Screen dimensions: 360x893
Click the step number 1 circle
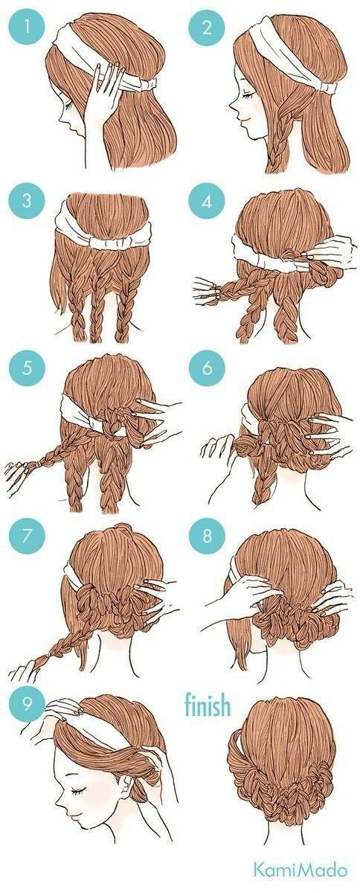[x=27, y=28]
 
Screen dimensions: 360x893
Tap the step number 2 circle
[x=207, y=28]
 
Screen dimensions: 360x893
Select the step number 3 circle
[x=27, y=201]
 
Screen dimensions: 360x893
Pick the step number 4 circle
[x=207, y=202]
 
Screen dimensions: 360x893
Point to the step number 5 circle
[x=27, y=368]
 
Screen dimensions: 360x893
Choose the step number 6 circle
[x=207, y=368]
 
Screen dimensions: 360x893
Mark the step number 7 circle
[x=27, y=535]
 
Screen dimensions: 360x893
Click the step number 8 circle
[x=207, y=535]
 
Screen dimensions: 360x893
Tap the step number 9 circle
[x=27, y=704]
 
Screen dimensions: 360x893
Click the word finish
[x=208, y=705]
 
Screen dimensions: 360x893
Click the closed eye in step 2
[x=251, y=96]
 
